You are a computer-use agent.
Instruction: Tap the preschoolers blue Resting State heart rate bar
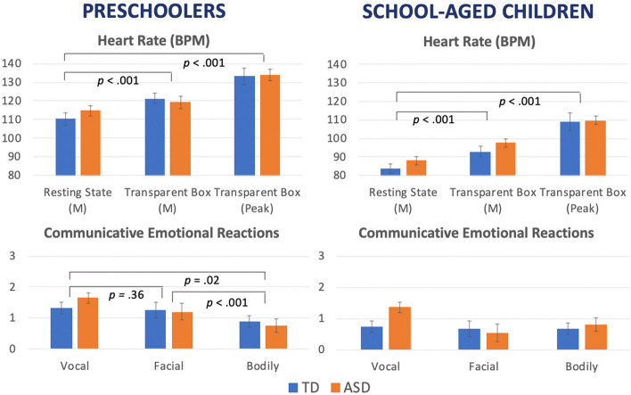[66, 147]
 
